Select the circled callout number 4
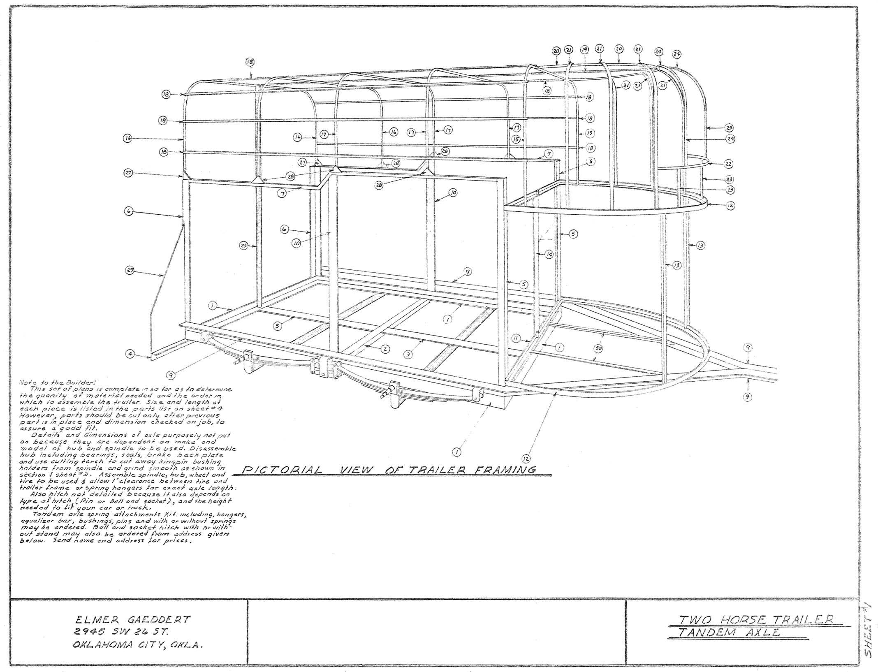pyautogui.click(x=130, y=353)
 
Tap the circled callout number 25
pyautogui.click(x=244, y=246)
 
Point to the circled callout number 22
pyautogui.click(x=728, y=164)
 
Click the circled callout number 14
pyautogui.click(x=549, y=255)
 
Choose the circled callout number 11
pyautogui.click(x=516, y=338)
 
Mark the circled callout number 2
pyautogui.click(x=385, y=349)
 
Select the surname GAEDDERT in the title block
pyautogui.click(x=160, y=620)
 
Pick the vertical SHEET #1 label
pyautogui.click(x=868, y=630)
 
